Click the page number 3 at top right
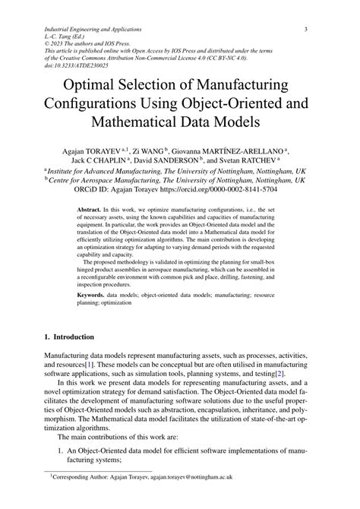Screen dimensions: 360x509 pos(305,30)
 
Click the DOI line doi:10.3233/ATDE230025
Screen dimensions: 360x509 pos(81,66)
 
